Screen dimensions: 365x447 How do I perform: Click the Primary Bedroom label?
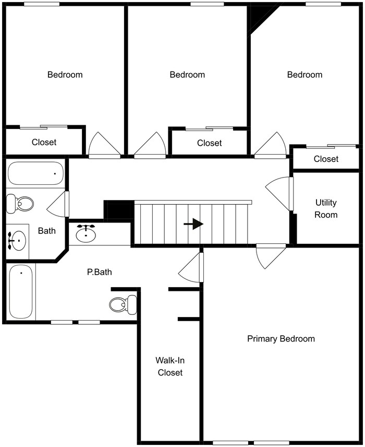[281, 339]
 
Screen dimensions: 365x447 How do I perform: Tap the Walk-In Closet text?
[170, 366]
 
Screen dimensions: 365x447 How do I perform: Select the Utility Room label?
[326, 208]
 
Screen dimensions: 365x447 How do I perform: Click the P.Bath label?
[99, 272]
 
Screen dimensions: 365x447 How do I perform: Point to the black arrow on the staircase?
[193, 224]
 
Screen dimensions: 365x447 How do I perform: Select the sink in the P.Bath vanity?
[86, 233]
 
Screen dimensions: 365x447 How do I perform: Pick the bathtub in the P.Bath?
[21, 292]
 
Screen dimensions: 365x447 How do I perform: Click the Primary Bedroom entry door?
[270, 256]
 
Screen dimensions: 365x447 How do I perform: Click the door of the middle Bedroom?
[150, 146]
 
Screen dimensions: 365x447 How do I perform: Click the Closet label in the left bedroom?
[44, 142]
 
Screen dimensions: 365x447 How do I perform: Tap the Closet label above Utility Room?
[326, 159]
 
